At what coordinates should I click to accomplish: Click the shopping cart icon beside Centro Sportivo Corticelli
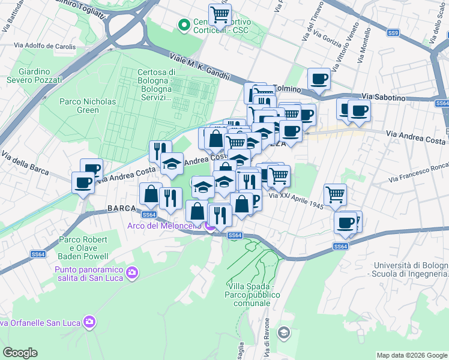pyautogui.click(x=220, y=13)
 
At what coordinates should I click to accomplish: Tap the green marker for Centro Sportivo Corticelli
pyautogui.click(x=184, y=25)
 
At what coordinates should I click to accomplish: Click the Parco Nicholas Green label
pyautogui.click(x=88, y=106)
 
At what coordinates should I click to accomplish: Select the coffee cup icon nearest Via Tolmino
pyautogui.click(x=319, y=79)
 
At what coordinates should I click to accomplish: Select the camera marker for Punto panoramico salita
pyautogui.click(x=132, y=274)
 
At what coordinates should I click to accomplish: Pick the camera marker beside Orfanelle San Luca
pyautogui.click(x=89, y=322)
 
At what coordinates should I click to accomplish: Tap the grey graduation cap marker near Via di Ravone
pyautogui.click(x=284, y=332)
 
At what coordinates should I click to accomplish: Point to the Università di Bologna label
pyautogui.click(x=411, y=269)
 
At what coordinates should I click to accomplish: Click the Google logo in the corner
pyautogui.click(x=20, y=352)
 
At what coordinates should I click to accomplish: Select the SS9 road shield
pyautogui.click(x=393, y=33)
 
